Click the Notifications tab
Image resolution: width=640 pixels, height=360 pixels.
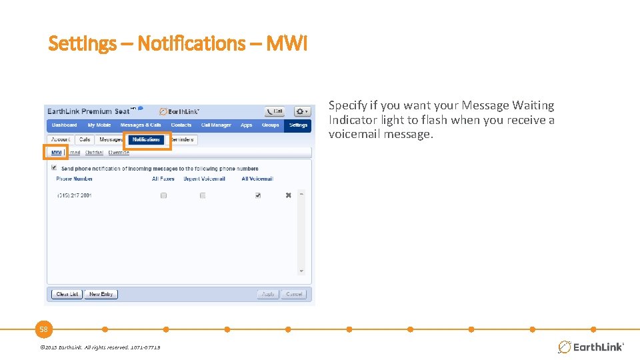pos(146,139)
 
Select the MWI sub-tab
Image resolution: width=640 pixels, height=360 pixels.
pos(57,153)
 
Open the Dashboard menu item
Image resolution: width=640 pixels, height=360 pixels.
pos(65,125)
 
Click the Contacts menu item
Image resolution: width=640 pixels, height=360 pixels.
pos(181,125)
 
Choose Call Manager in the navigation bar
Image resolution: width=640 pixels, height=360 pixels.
pos(216,125)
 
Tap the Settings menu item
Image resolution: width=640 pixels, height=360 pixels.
pos(298,125)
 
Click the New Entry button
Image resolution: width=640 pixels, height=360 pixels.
pos(101,294)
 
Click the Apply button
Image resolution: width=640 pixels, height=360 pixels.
pos(268,294)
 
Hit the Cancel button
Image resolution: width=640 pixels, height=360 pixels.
pos(294,294)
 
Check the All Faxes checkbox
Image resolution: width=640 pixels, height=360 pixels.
pos(163,195)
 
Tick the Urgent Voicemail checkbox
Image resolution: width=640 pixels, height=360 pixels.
pos(203,195)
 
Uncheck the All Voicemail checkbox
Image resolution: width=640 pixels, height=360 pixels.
pos(257,195)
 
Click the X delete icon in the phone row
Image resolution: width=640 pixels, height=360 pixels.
pos(288,195)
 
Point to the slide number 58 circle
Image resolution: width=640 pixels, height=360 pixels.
pos(44,329)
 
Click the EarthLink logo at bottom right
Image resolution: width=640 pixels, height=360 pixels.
pos(591,347)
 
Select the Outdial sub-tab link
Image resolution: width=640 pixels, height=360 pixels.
pos(94,153)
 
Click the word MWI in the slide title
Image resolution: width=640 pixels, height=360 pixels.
pos(287,44)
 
